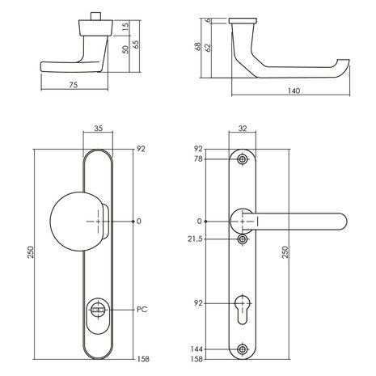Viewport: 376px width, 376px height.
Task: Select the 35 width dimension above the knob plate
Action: tap(99, 127)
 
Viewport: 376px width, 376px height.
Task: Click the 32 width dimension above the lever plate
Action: tap(242, 127)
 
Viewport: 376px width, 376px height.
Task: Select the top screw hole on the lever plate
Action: tap(243, 160)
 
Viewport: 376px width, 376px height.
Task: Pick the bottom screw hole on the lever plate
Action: tap(243, 349)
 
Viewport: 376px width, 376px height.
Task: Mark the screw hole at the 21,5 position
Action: tap(243, 240)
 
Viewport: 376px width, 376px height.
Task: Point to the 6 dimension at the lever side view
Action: tap(209, 19)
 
